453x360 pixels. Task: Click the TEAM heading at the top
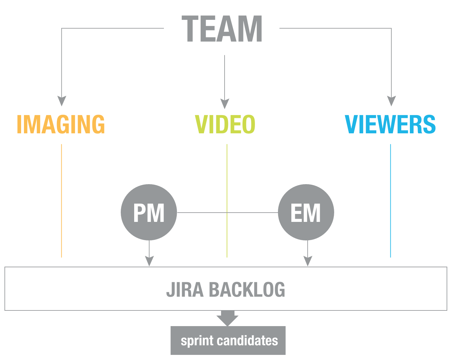coord(222,29)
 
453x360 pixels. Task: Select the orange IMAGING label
coord(61,124)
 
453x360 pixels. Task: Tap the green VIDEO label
coord(225,124)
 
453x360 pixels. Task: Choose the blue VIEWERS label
coord(390,124)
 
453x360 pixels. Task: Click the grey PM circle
coord(149,212)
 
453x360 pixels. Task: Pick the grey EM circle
coord(306,212)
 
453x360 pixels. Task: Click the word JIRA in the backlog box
coord(185,290)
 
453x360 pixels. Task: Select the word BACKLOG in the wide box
coord(247,290)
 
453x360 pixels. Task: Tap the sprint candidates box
coord(228,340)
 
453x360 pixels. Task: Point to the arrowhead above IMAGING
coord(62,100)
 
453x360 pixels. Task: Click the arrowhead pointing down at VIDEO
coord(225,104)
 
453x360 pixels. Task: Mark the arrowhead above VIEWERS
coord(391,100)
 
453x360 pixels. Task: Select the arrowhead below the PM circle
coord(149,261)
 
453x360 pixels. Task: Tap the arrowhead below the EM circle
coord(307,261)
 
